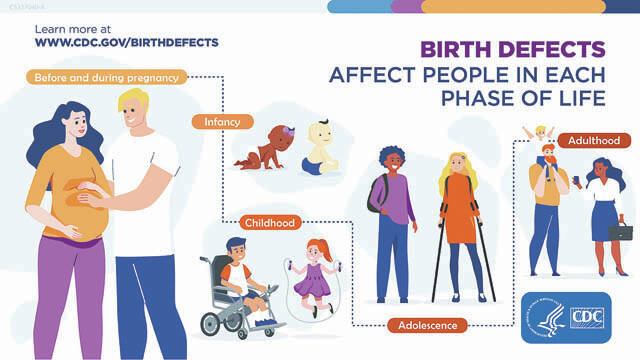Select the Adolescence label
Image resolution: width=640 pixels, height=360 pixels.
427,325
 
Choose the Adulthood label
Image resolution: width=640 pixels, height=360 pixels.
595,141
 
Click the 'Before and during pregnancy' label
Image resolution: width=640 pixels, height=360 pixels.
106,77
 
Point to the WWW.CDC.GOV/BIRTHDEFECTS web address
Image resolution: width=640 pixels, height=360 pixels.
126,43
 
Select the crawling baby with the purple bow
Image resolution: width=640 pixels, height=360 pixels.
262,148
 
